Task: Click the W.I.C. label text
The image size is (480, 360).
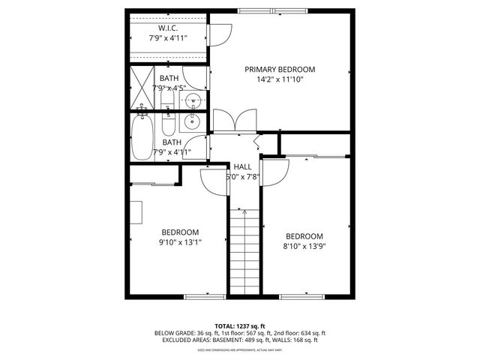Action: [x=166, y=28]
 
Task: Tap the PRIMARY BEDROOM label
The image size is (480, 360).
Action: [x=280, y=69]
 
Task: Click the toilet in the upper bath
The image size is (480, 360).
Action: [x=168, y=100]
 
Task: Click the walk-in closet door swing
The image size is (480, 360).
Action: [x=220, y=34]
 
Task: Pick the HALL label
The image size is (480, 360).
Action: [x=242, y=166]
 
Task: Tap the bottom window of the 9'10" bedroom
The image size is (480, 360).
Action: [x=205, y=296]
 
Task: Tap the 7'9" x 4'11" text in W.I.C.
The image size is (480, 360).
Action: [x=166, y=37]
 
